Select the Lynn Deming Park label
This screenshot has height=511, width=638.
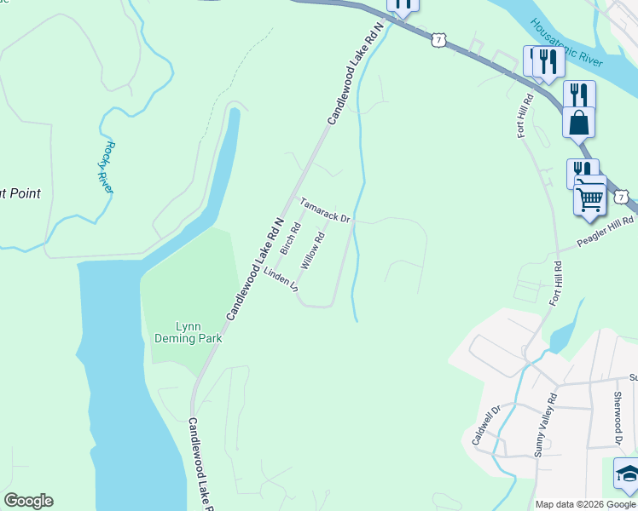[188, 332]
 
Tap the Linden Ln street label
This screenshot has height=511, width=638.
[281, 281]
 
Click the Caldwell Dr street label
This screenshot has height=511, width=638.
[483, 425]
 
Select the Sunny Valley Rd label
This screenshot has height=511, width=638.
[544, 425]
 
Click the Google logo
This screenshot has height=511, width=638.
[28, 501]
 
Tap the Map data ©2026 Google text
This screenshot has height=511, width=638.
[586, 504]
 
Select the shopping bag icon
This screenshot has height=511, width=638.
[578, 123]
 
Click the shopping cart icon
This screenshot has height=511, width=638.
[590, 200]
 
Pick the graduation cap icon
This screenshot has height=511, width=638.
[628, 474]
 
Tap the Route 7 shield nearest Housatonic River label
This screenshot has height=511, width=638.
[438, 39]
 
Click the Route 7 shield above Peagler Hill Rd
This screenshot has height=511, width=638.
[622, 197]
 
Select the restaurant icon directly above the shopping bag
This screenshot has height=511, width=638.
[578, 93]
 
